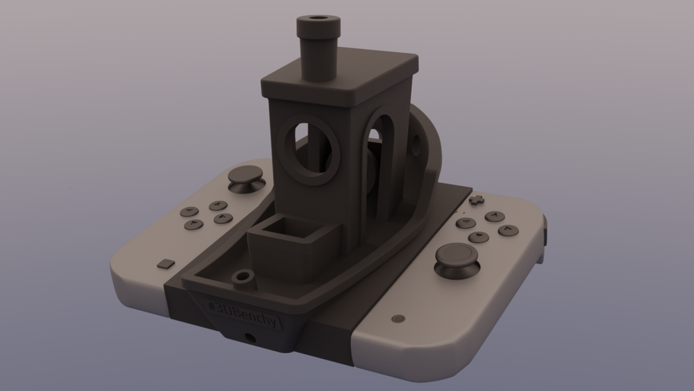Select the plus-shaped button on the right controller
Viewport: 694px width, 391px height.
pyautogui.click(x=477, y=200)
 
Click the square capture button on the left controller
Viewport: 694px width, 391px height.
pyautogui.click(x=165, y=263)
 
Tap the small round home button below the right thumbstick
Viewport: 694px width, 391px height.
pyautogui.click(x=398, y=318)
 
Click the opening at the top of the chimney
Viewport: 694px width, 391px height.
pyautogui.click(x=317, y=18)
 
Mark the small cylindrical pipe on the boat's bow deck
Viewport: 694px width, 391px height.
pyautogui.click(x=241, y=278)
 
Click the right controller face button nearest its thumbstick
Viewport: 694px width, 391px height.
pyautogui.click(x=478, y=237)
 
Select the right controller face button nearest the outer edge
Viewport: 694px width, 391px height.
pyautogui.click(x=508, y=230)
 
